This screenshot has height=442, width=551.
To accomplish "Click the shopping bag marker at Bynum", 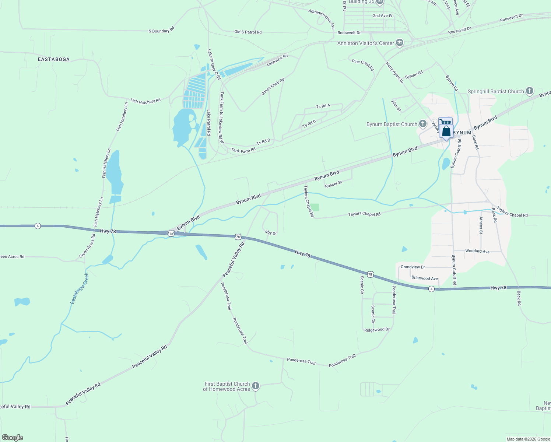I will pyautogui.click(x=446, y=131).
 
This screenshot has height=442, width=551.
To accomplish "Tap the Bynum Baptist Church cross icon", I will pyautogui.click(x=422, y=124).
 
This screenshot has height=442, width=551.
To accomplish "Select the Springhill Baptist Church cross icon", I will pyautogui.click(x=529, y=91).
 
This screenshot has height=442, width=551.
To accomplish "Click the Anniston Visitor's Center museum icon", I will pyautogui.click(x=399, y=43).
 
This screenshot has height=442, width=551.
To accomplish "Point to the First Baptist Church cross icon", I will pyautogui.click(x=255, y=386).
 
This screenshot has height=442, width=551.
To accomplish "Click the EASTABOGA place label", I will pyautogui.click(x=54, y=59).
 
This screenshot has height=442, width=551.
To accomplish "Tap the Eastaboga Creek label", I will pyautogui.click(x=80, y=288).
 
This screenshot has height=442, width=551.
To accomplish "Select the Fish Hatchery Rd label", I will pyautogui.click(x=145, y=101).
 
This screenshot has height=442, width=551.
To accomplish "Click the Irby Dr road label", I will pyautogui.click(x=271, y=232).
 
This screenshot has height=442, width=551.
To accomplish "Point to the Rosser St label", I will pyautogui.click(x=333, y=184).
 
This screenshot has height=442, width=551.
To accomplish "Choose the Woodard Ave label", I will pyautogui.click(x=477, y=251).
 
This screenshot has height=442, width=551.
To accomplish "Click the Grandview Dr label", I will pyautogui.click(x=413, y=267).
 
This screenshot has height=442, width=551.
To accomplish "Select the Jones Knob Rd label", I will pyautogui.click(x=273, y=87).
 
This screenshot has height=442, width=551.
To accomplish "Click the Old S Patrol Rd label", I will pyautogui.click(x=248, y=32).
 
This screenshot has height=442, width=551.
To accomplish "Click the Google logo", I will pyautogui.click(x=13, y=438).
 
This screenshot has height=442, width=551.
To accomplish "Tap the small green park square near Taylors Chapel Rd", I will pyautogui.click(x=314, y=207).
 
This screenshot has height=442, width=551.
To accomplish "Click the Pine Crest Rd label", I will pyautogui.click(x=362, y=65).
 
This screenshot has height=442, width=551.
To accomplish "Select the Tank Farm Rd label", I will pyautogui.click(x=243, y=150).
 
